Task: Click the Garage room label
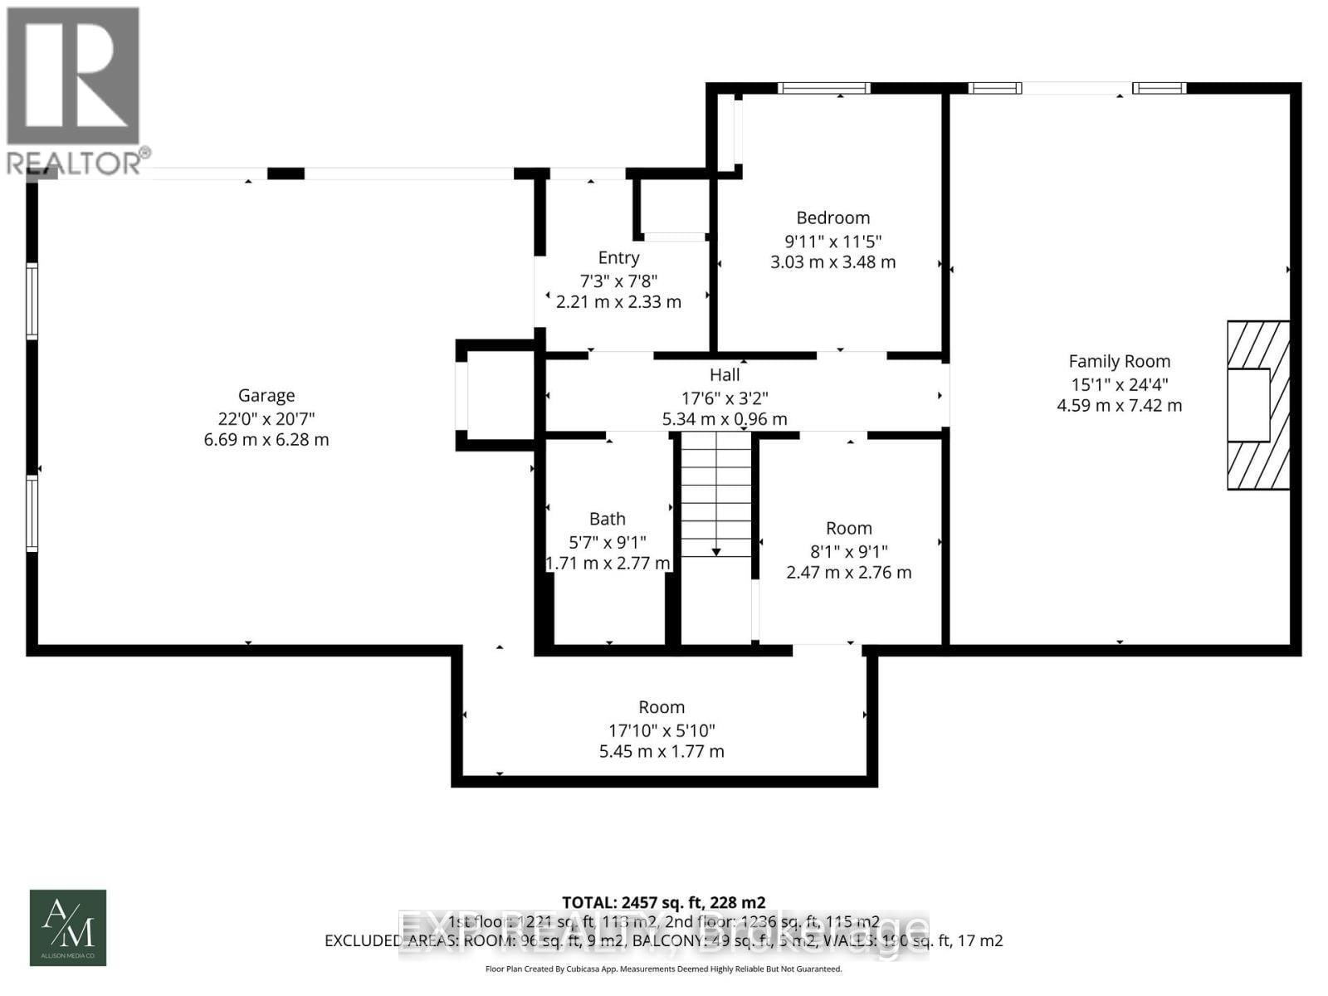click(266, 396)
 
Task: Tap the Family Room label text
click(1119, 361)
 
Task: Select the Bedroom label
click(832, 217)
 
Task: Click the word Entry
click(618, 257)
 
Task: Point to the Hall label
click(725, 375)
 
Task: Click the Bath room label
click(607, 519)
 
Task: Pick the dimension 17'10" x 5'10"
click(662, 730)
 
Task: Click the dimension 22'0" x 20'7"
click(266, 418)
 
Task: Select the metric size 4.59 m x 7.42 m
click(1119, 406)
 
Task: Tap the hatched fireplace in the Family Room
click(1258, 405)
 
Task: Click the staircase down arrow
click(715, 551)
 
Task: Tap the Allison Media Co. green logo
click(68, 927)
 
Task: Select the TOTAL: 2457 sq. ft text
click(663, 902)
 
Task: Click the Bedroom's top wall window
click(823, 88)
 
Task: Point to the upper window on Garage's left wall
click(32, 300)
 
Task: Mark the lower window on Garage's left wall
click(32, 513)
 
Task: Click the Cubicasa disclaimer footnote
click(663, 969)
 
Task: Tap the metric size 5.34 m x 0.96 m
click(725, 419)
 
